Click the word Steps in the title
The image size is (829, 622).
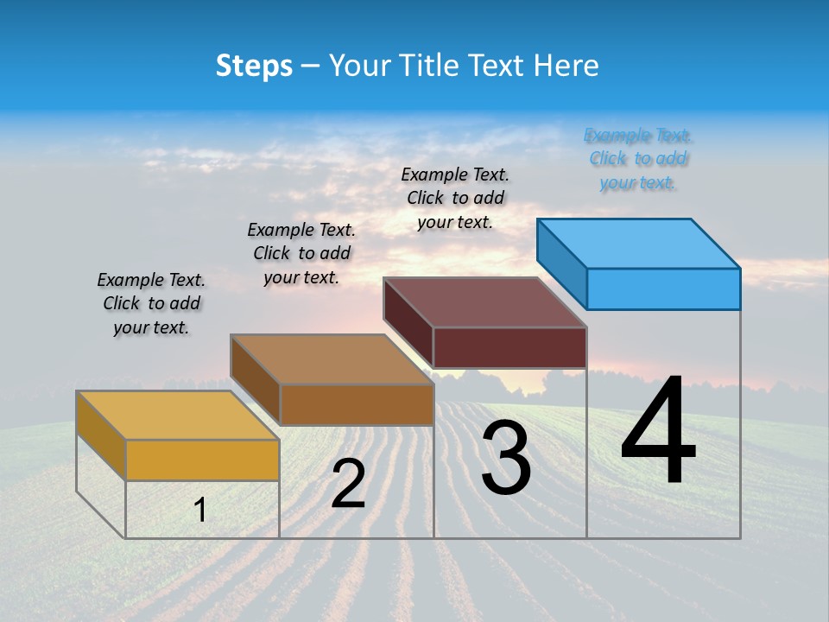pyautogui.click(x=254, y=66)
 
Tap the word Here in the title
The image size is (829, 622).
pyautogui.click(x=566, y=66)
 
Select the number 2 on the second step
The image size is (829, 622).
pyautogui.click(x=348, y=484)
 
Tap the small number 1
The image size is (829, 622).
pyautogui.click(x=200, y=511)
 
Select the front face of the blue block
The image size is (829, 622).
pyautogui.click(x=663, y=289)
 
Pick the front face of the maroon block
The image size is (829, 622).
pyautogui.click(x=509, y=347)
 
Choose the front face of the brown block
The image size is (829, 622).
pyautogui.click(x=357, y=404)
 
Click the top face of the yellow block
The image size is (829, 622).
pyautogui.click(x=178, y=416)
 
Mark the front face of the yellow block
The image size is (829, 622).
pyautogui.click(x=202, y=460)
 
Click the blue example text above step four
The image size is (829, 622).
pyautogui.click(x=638, y=159)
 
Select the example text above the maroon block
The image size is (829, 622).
pyautogui.click(x=455, y=198)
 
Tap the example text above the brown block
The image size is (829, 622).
pyautogui.click(x=301, y=253)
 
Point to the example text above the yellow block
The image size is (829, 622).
pyautogui.click(x=151, y=303)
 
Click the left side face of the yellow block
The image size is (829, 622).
pyautogui.click(x=101, y=435)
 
